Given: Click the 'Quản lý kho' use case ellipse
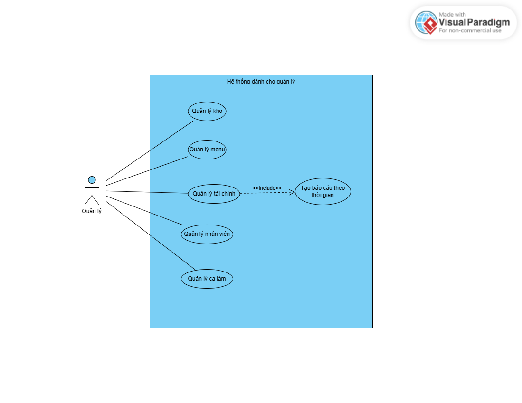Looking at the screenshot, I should click(207, 111).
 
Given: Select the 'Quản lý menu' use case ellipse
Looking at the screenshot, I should click(207, 150).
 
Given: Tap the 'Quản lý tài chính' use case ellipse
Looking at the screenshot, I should click(214, 194).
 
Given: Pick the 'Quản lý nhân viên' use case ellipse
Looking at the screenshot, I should click(207, 234).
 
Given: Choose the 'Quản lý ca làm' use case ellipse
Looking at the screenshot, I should click(207, 279).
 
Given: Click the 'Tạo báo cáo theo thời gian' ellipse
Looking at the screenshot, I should click(323, 191).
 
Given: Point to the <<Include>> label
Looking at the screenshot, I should click(267, 188).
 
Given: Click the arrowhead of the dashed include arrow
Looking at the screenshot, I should click(292, 192).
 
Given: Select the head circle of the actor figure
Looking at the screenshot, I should click(92, 180).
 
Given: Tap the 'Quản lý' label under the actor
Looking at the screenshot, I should click(92, 211).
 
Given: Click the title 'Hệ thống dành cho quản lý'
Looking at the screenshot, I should click(261, 82).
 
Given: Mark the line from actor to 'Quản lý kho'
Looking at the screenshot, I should click(150, 151).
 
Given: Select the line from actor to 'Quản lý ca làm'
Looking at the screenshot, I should click(150, 235).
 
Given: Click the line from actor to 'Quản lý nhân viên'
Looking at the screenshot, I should click(144, 210).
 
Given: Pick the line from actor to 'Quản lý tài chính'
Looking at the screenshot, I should click(147, 192).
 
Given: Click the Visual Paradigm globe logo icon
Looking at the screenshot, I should click(426, 23).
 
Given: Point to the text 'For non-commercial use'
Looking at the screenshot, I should click(470, 31).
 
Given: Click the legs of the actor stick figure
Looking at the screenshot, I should click(92, 199).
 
